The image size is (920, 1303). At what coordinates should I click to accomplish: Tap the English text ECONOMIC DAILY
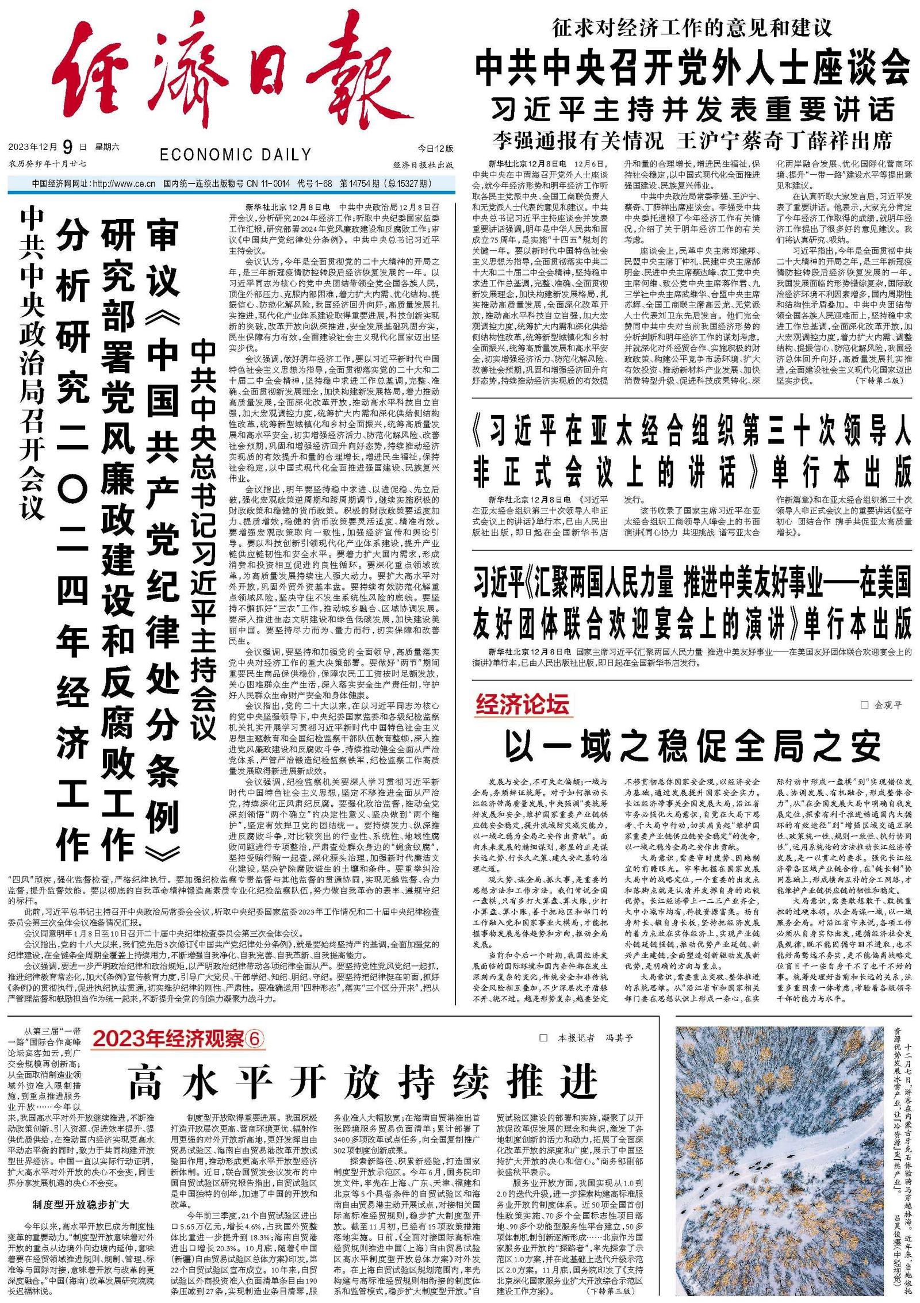235,154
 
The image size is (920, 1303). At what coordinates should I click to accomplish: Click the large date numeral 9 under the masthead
67,147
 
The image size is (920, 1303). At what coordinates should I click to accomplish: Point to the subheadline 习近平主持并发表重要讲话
692,109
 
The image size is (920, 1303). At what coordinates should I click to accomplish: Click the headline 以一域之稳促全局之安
692,746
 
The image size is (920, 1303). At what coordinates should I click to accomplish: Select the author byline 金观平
888,705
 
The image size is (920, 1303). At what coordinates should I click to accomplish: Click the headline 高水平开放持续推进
363,1082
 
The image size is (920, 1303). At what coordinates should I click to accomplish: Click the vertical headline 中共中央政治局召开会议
32,362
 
